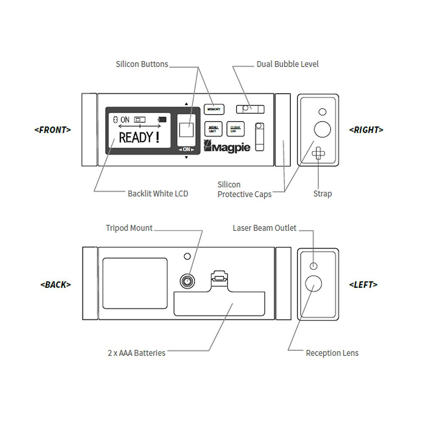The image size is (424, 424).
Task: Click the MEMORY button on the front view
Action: pos(214,109)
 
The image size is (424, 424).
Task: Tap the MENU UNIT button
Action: pos(213,128)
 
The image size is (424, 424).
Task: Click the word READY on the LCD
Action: pos(136,137)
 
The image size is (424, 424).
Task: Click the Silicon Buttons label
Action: pos(142,64)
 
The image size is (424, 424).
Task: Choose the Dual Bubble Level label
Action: pos(287,64)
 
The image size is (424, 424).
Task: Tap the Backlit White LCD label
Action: pos(158,194)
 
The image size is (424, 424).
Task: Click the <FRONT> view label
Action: pos(53,130)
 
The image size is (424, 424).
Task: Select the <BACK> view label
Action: pos(56,285)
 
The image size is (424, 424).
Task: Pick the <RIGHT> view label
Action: pos(366,130)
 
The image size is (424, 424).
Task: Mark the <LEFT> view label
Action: pos(363,285)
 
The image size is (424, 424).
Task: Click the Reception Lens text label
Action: pos(332,353)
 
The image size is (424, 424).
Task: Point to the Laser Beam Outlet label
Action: pos(265,228)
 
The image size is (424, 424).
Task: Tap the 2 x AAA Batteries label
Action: pos(136,353)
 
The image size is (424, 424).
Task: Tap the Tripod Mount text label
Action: pos(129,228)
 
